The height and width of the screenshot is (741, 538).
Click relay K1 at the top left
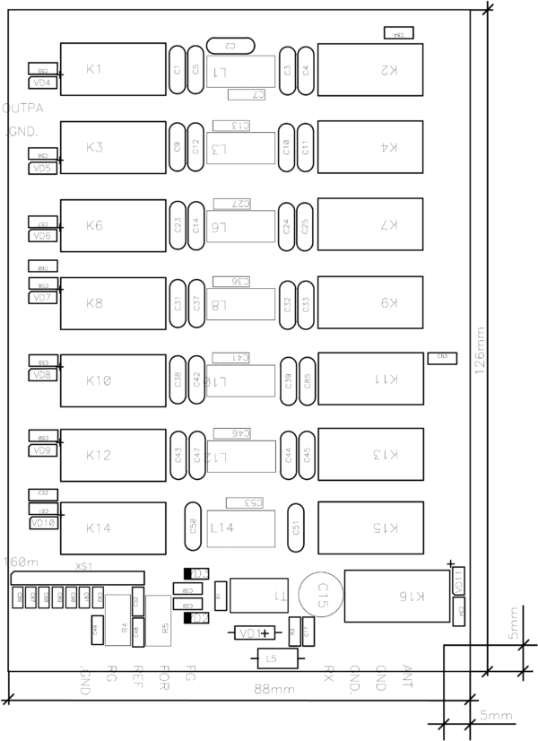pyautogui.click(x=112, y=69)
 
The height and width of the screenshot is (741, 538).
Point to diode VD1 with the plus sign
pyautogui.click(x=252, y=634)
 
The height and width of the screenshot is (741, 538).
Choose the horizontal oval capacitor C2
pyautogui.click(x=230, y=45)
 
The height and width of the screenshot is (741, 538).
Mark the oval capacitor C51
pyautogui.click(x=294, y=526)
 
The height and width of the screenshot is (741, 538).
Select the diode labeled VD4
pyautogui.click(x=43, y=83)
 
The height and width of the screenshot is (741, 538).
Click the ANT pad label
pyautogui.click(x=408, y=672)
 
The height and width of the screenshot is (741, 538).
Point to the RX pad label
pyautogui.click(x=329, y=672)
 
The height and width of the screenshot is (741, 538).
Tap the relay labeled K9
pyautogui.click(x=370, y=303)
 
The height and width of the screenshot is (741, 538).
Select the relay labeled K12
pyautogui.click(x=112, y=456)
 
